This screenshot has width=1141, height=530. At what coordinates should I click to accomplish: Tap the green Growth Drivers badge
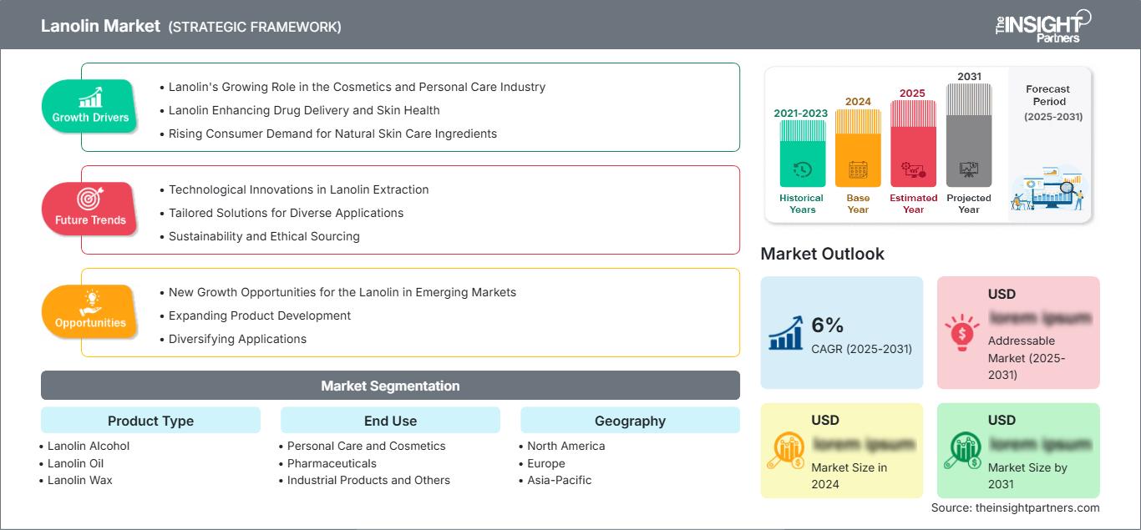click(90, 107)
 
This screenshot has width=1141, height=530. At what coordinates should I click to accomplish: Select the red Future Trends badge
click(89, 209)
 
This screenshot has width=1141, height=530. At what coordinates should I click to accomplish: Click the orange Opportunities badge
click(90, 311)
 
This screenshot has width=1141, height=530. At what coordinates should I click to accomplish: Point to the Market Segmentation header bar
click(390, 386)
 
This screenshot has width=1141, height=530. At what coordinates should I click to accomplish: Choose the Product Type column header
click(150, 421)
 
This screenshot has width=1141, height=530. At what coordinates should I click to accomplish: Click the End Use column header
click(390, 421)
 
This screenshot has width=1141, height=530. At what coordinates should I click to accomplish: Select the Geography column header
click(630, 421)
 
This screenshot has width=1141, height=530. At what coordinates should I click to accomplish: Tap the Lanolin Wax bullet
click(79, 480)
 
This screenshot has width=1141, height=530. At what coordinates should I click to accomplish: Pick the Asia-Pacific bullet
click(559, 480)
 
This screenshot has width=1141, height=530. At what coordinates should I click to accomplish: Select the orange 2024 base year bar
click(858, 148)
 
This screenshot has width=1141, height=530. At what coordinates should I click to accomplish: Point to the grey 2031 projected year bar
click(969, 135)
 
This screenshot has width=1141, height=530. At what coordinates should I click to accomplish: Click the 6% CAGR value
click(827, 326)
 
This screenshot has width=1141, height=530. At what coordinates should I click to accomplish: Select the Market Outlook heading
click(822, 254)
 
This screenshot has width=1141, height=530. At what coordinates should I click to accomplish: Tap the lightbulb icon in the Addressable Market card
click(961, 332)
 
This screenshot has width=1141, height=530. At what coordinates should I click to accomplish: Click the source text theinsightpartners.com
click(1015, 507)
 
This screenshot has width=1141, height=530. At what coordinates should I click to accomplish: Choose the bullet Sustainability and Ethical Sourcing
click(264, 236)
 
